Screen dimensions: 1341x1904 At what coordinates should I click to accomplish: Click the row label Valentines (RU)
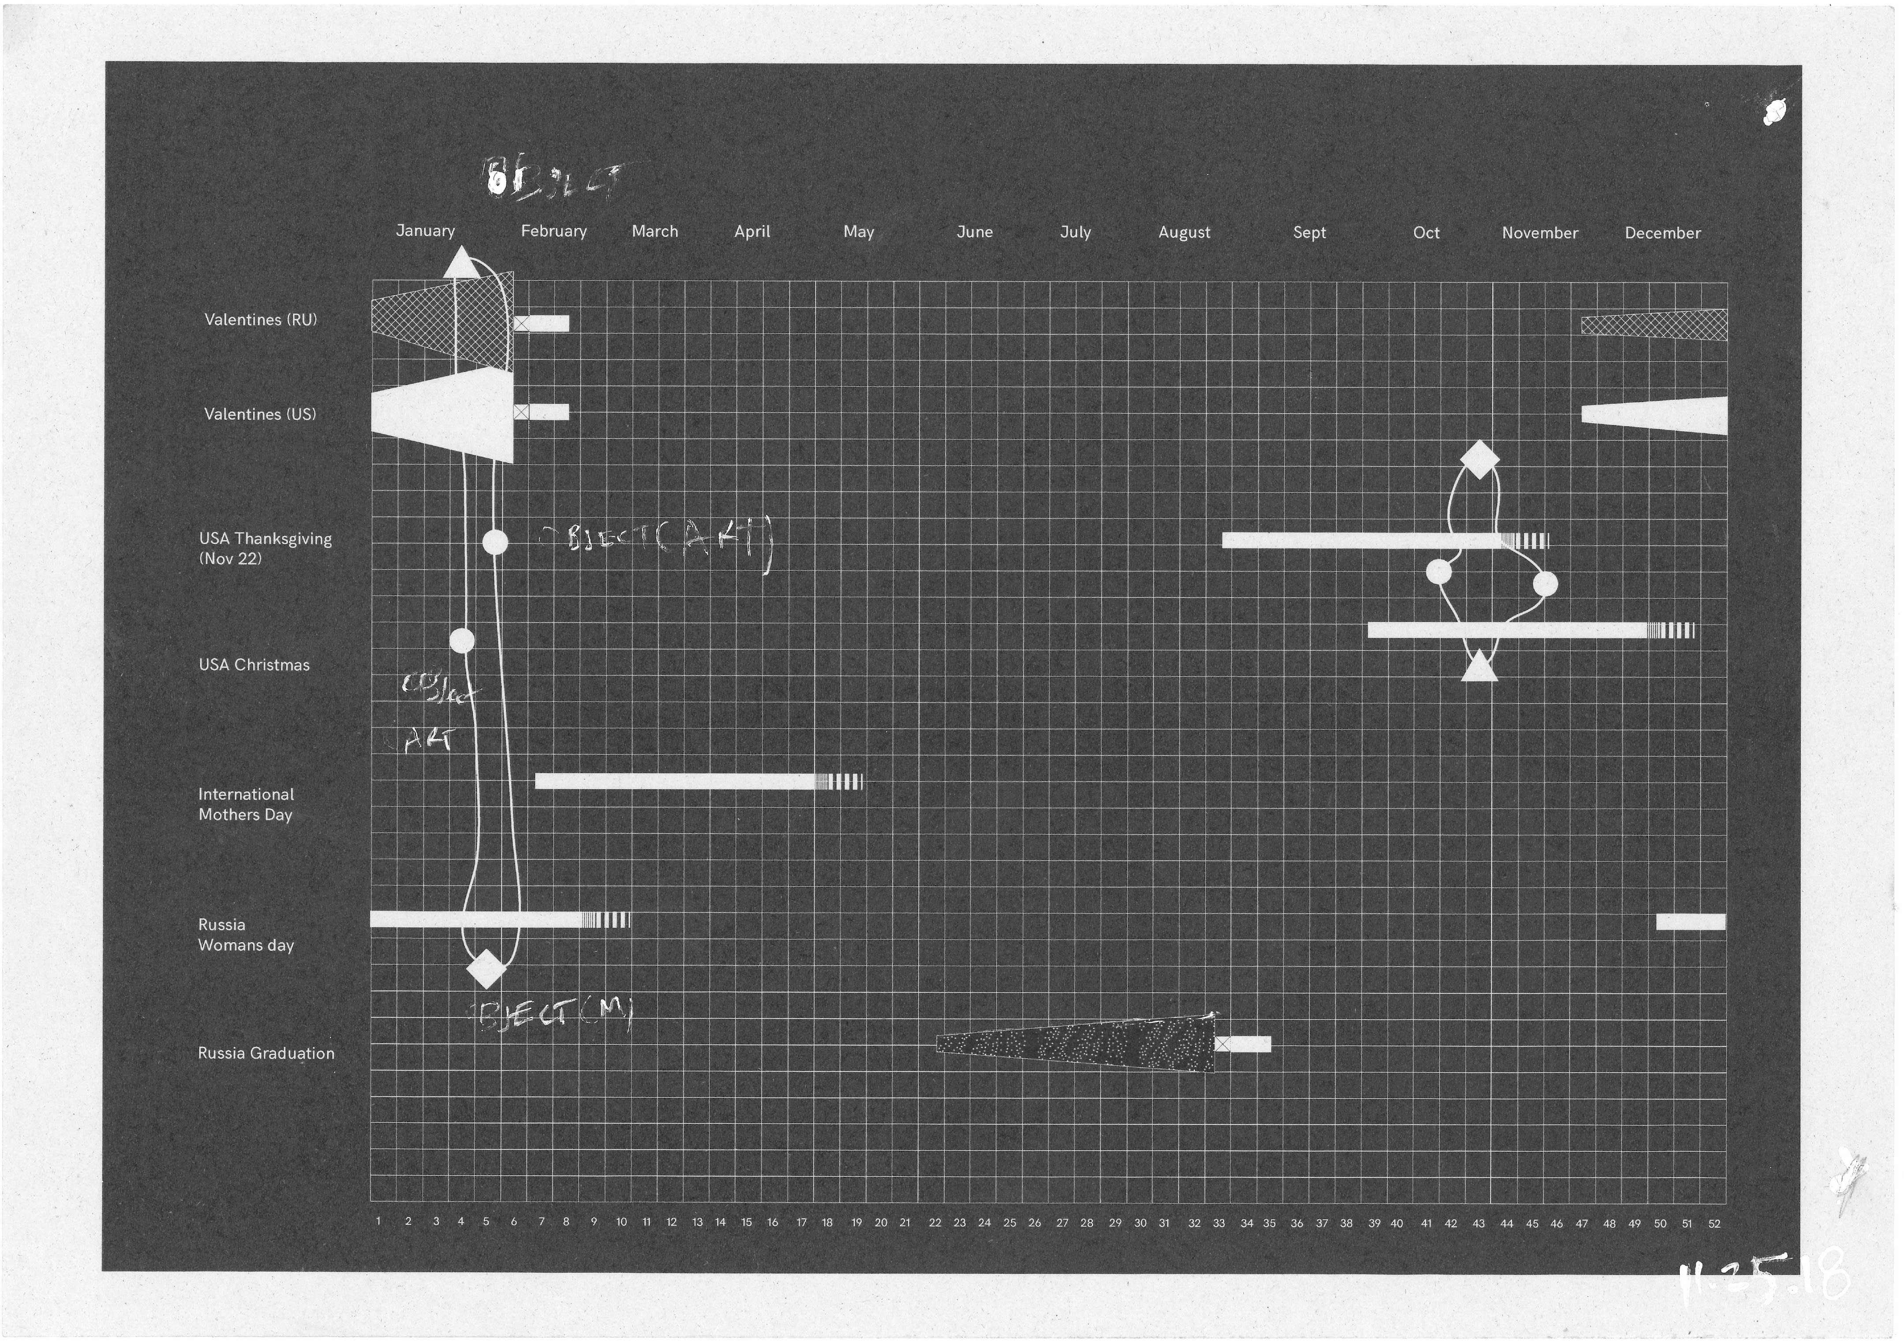(x=260, y=319)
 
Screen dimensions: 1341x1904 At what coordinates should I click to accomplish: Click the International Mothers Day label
(x=246, y=804)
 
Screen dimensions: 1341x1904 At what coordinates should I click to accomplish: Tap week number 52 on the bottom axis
(x=1714, y=1223)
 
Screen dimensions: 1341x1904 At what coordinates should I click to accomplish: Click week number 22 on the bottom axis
(x=935, y=1222)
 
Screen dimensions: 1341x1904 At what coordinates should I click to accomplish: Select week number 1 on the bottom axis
(x=378, y=1221)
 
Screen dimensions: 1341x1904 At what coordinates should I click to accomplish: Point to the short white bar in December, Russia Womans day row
(x=1690, y=921)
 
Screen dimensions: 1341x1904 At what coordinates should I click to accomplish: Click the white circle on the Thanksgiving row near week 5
(x=495, y=542)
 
